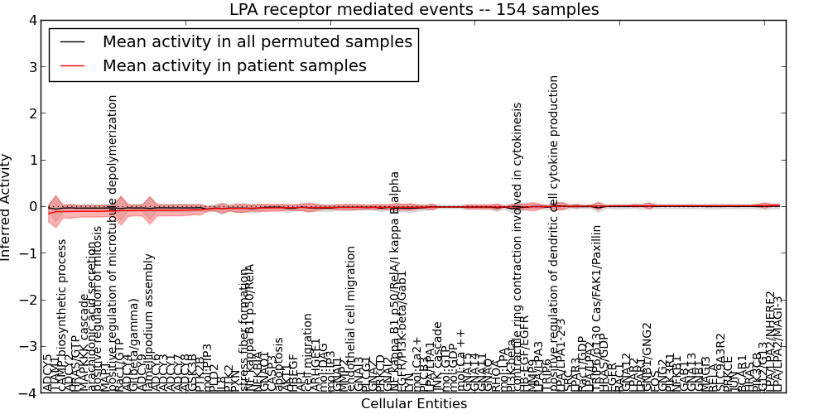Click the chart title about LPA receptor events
point(413,9)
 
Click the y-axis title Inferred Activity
point(7,206)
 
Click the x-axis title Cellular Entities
point(413,404)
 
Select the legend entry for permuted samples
point(257,41)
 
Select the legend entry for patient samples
point(234,65)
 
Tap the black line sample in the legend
point(73,41)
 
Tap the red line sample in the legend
point(73,65)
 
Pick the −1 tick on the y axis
point(28,253)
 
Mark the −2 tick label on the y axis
point(28,300)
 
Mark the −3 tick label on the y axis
point(28,347)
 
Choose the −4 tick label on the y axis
point(28,393)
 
